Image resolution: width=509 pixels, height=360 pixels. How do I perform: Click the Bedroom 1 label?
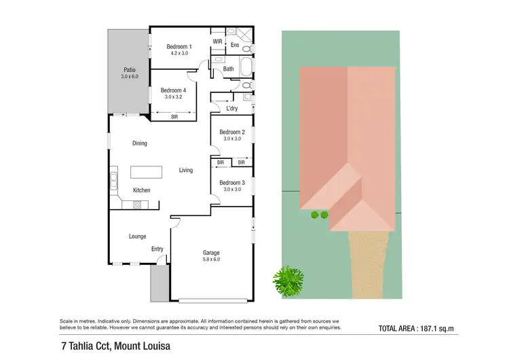[x=179, y=47]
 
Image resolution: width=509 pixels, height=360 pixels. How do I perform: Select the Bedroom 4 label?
[x=172, y=90]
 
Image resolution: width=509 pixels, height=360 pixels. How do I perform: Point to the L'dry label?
[x=231, y=109]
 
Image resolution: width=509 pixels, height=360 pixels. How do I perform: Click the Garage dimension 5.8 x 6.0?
[x=211, y=259]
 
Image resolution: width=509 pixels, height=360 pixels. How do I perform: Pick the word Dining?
[x=140, y=143]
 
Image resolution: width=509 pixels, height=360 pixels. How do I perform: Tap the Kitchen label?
[x=141, y=190]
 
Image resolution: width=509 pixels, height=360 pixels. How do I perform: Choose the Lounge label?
[x=138, y=236]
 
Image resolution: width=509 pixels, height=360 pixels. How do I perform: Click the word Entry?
[x=157, y=249]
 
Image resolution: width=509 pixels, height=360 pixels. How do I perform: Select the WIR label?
[x=218, y=41]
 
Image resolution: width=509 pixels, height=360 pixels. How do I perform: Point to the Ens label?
[x=235, y=46]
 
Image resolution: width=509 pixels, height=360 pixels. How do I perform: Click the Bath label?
[x=229, y=69]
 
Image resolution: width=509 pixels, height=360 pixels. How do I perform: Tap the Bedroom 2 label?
[x=231, y=132]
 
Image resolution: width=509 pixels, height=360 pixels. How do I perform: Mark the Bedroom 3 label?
[x=231, y=183]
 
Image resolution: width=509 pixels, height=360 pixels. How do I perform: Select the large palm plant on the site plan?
[x=288, y=278]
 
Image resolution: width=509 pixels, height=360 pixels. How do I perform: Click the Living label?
[x=185, y=170]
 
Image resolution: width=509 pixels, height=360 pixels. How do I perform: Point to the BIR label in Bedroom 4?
[x=174, y=117]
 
